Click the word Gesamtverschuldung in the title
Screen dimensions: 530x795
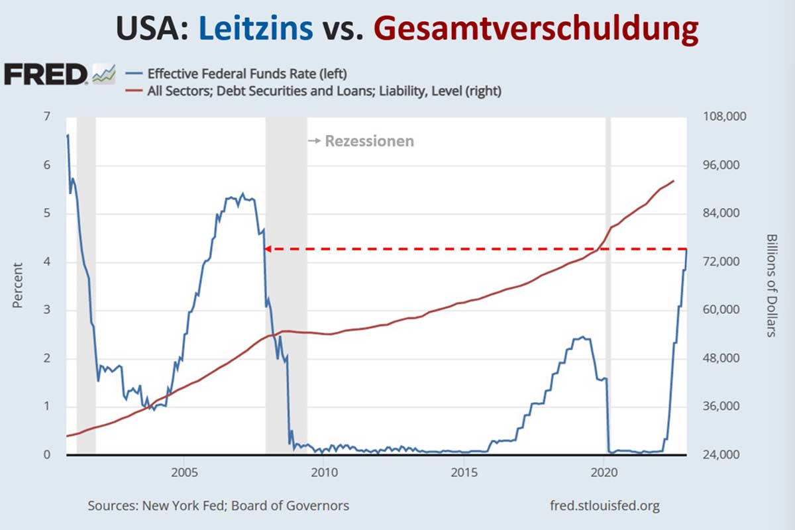tap(535, 29)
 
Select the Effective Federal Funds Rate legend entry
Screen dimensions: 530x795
tap(246, 73)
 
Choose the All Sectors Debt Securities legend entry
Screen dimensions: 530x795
tap(324, 91)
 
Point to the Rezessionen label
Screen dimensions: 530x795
tap(368, 141)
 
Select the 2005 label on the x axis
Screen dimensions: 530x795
tap(184, 474)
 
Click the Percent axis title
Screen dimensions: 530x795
tap(17, 286)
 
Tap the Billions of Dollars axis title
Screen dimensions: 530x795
tap(771, 286)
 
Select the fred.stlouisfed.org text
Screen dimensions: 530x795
tap(605, 506)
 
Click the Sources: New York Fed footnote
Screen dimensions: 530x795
tap(218, 506)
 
